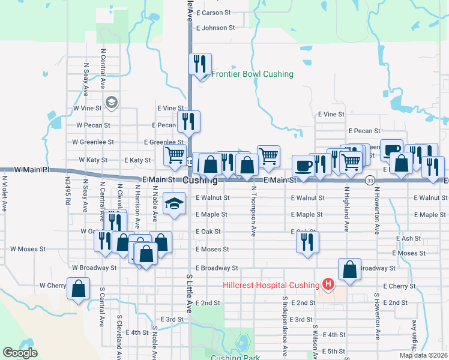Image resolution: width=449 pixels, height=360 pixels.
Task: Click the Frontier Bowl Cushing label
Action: click(x=252, y=74)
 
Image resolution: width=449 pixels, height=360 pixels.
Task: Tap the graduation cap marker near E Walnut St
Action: click(x=174, y=203)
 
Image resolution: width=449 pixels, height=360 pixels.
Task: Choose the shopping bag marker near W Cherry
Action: click(x=79, y=289)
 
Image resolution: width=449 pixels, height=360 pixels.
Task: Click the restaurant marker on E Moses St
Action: click(x=307, y=242)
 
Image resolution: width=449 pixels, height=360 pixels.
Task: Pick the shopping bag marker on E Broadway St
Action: click(x=350, y=269)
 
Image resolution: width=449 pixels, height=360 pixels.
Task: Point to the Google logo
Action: click(x=20, y=353)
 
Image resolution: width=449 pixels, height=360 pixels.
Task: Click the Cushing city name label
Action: click(x=200, y=180)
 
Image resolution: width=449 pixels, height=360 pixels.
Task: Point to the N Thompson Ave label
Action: click(x=254, y=210)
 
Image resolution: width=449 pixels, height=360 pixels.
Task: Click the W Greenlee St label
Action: click(x=92, y=142)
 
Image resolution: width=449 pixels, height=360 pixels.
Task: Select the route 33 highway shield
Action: click(x=370, y=180)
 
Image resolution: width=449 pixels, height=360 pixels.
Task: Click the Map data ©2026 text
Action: click(x=424, y=355)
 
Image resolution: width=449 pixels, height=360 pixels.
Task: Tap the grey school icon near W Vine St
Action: click(x=110, y=103)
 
